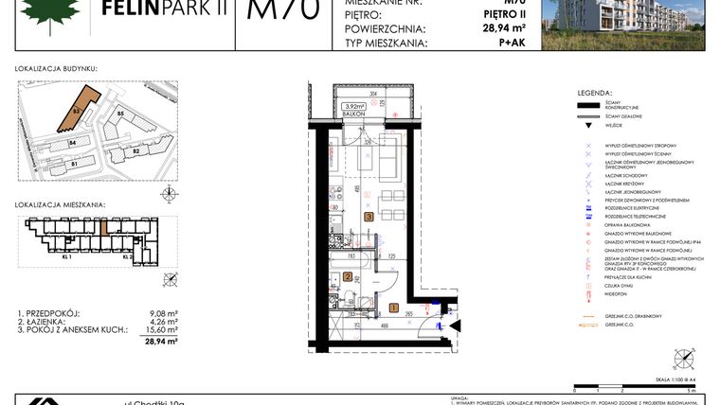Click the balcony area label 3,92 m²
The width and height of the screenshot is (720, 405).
point(354,106)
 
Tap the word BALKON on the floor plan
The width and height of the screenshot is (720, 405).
point(354,114)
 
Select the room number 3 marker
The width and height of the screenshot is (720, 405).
point(369,217)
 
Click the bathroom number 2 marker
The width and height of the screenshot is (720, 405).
point(348,277)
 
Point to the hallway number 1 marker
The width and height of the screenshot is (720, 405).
point(393,308)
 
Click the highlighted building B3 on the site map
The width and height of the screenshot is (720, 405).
point(82,108)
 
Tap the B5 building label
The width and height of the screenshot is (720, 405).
point(120,114)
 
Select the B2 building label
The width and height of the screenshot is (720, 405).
point(135,150)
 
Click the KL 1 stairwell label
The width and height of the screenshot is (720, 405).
point(66,256)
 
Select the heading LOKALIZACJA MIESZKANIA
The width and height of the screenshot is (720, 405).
point(61,204)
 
